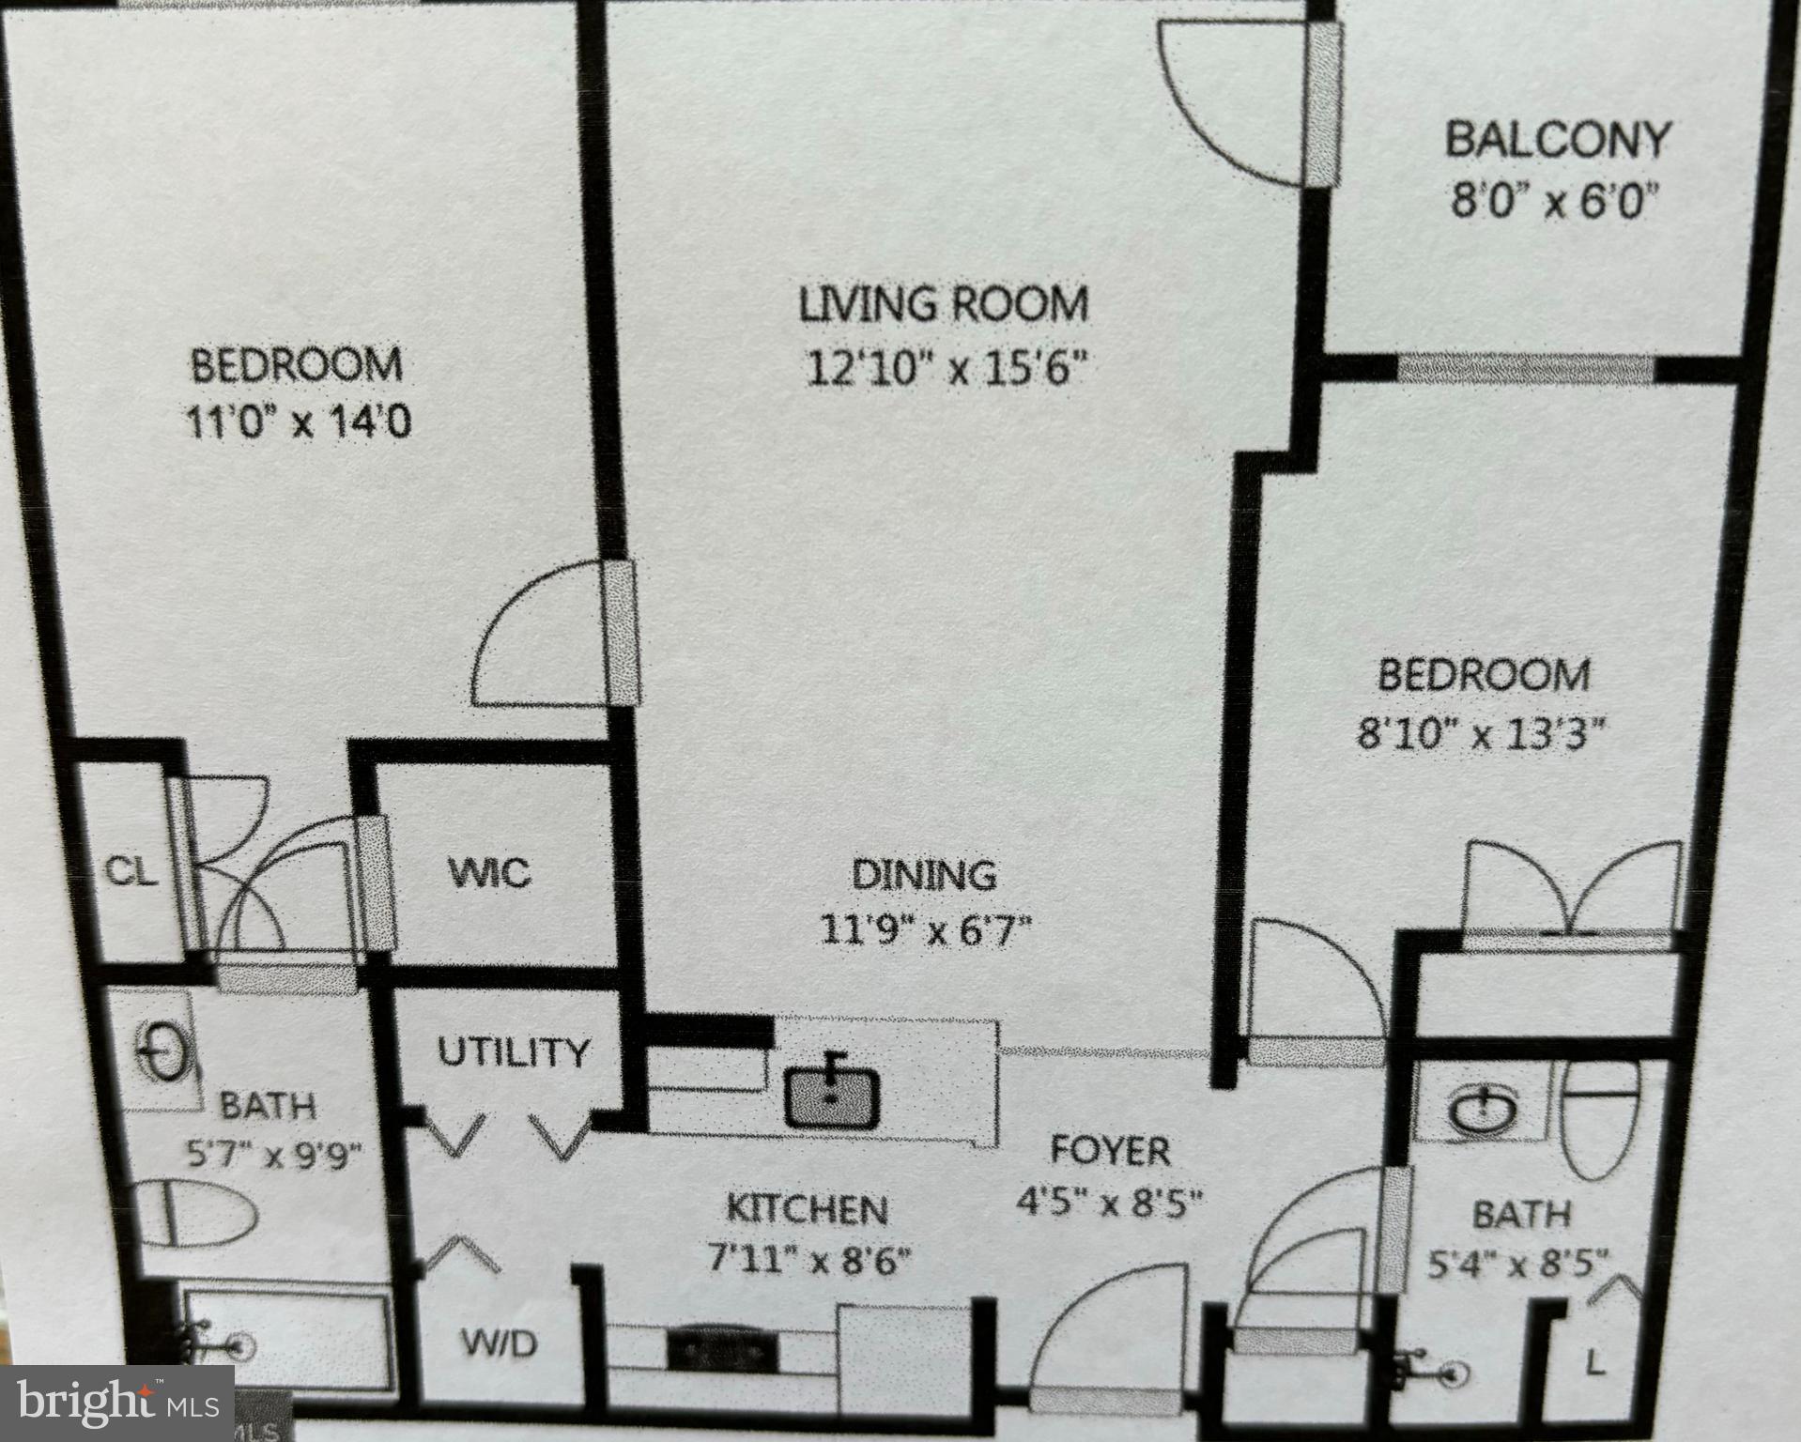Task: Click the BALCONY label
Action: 1556,140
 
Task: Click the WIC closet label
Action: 489,873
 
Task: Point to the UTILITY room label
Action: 513,1052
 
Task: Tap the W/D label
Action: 499,1344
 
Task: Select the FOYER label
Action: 1109,1150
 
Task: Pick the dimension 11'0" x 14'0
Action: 298,423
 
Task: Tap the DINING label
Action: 924,875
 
